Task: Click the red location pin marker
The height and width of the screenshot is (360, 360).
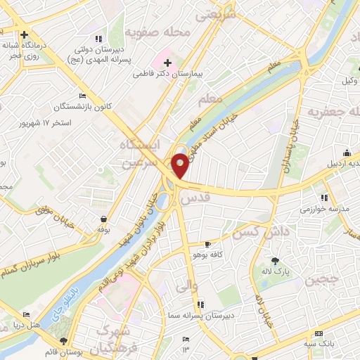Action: point(181,165)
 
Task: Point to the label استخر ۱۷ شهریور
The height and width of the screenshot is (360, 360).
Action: point(44,123)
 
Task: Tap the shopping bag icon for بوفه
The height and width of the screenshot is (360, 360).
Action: point(104,219)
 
